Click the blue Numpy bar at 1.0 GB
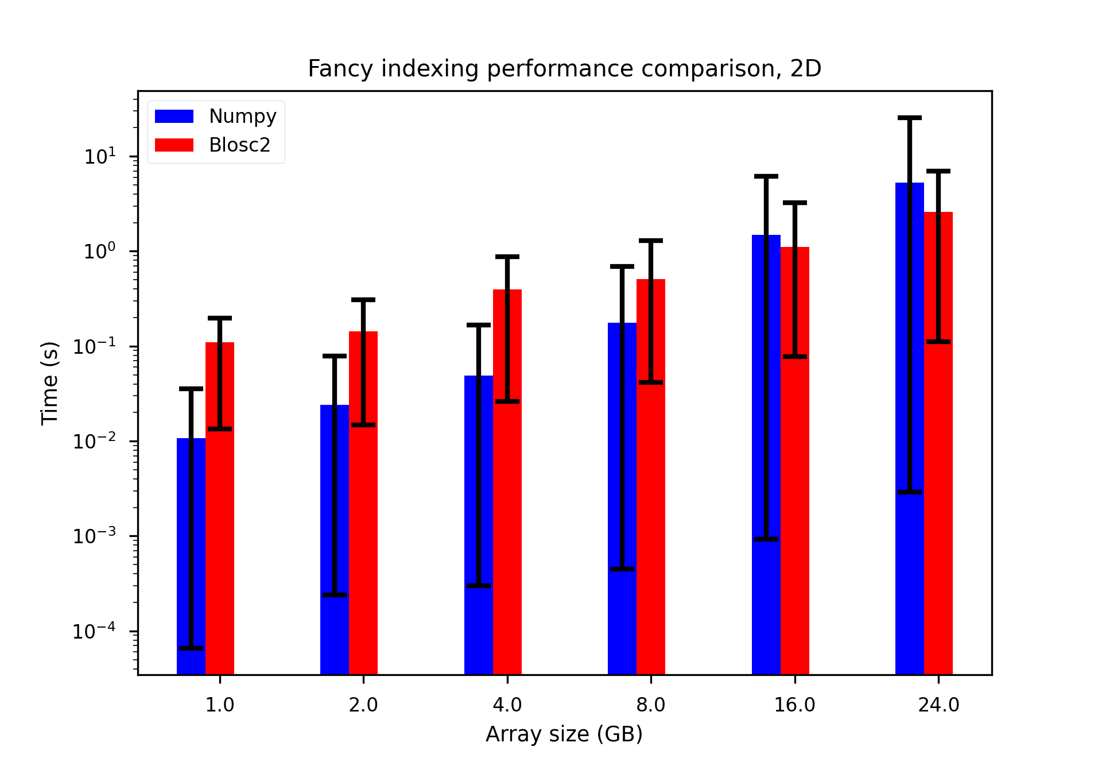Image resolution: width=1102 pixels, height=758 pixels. pyautogui.click(x=184, y=557)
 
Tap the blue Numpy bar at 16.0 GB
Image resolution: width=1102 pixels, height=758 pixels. pyautogui.click(x=759, y=459)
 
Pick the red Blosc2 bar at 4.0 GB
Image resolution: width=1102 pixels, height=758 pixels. pyautogui.click(x=514, y=488)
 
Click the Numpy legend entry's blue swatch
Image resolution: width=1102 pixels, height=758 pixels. pyautogui.click(x=174, y=116)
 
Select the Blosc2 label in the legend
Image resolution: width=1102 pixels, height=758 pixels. pyautogui.click(x=239, y=145)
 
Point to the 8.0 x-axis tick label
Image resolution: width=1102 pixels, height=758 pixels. pyautogui.click(x=651, y=705)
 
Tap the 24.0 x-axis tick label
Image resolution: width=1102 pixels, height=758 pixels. pyautogui.click(x=938, y=705)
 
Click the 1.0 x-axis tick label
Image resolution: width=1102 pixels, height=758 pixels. pyautogui.click(x=220, y=705)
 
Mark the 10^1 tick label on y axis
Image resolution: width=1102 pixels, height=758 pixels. pyautogui.click(x=100, y=156)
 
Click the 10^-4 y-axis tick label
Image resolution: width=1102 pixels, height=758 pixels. pyautogui.click(x=94, y=631)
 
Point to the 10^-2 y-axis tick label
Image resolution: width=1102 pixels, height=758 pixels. pyautogui.click(x=94, y=441)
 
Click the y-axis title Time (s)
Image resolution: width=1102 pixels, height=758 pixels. pyautogui.click(x=50, y=383)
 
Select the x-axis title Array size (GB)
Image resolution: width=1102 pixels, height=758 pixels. pyautogui.click(x=564, y=734)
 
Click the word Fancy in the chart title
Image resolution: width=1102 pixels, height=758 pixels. pyautogui.click(x=342, y=69)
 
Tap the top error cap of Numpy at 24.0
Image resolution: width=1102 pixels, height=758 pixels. pyautogui.click(x=910, y=118)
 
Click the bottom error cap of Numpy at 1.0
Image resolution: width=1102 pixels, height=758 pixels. pyautogui.click(x=191, y=648)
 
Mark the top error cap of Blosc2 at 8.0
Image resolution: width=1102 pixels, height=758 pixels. pyautogui.click(x=651, y=241)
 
